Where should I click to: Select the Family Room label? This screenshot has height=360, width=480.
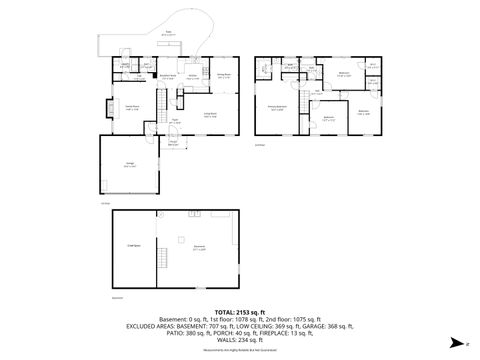[130, 106]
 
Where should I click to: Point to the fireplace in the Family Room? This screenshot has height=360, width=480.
[107, 109]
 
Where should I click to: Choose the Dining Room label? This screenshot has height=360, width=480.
[224, 75]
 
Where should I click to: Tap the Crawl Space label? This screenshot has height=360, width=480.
[132, 245]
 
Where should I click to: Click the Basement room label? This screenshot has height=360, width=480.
[199, 249]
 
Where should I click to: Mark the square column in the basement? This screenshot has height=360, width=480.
[179, 239]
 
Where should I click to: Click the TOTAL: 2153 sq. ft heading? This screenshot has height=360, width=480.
[239, 313]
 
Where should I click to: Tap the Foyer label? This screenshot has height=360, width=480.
[175, 121]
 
